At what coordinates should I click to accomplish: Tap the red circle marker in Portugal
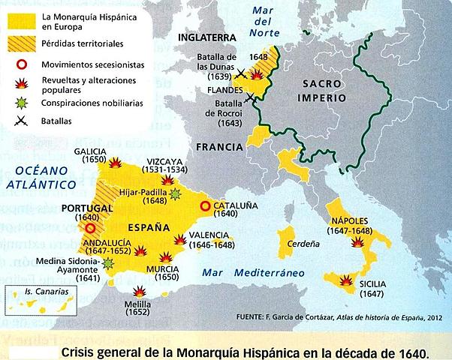91,228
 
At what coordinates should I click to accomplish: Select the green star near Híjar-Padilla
176,194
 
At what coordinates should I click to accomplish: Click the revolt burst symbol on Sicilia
345,280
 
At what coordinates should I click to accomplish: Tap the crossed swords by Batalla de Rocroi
250,97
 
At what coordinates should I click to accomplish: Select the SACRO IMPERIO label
324,91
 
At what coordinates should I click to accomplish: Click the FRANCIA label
218,148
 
